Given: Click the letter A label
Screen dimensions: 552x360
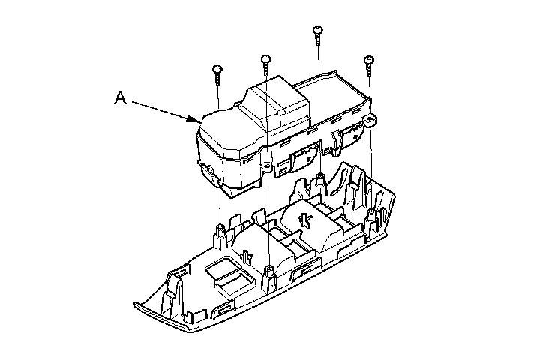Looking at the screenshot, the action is (x=121, y=97).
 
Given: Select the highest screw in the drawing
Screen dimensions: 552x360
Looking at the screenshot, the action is (x=317, y=35).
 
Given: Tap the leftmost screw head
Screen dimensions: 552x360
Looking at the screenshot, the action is (x=217, y=68).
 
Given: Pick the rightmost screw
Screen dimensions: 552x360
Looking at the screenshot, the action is (x=368, y=65).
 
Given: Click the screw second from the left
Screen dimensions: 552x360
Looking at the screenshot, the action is (x=265, y=64).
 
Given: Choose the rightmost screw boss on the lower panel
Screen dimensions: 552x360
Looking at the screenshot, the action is (x=371, y=220).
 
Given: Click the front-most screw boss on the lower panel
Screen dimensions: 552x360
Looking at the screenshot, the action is (x=269, y=278).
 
